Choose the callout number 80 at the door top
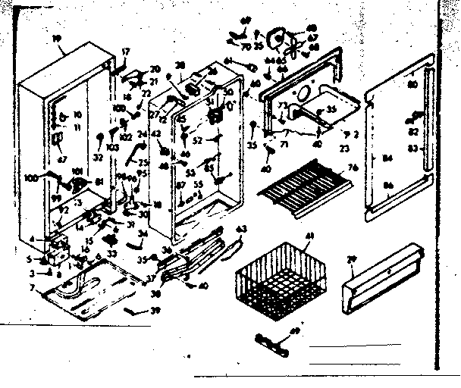(x=412, y=86)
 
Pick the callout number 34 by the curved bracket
(x=143, y=234)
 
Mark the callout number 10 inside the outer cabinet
(x=77, y=114)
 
